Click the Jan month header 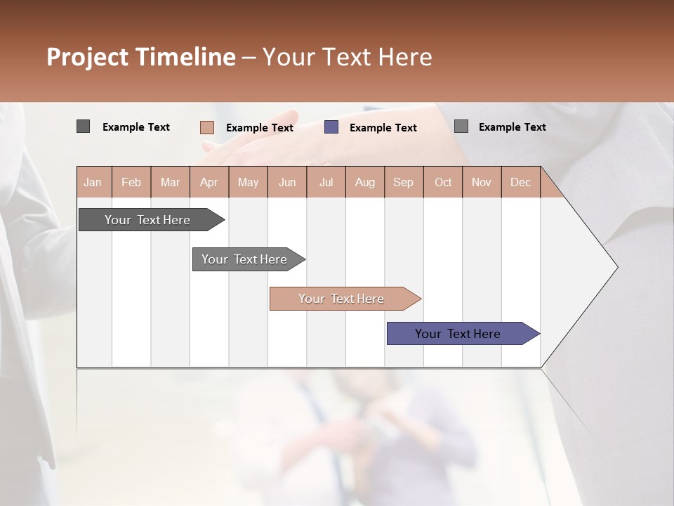point(93,182)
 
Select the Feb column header point(131,182)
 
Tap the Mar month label point(170,182)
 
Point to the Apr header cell point(209,182)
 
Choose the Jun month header point(287,182)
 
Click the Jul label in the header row point(326,182)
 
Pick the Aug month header point(364,182)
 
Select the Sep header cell point(403,182)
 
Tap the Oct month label point(443,182)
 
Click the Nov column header point(481,182)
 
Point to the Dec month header point(520,182)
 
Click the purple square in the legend point(331,127)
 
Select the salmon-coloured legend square point(206,127)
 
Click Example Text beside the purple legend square point(383,128)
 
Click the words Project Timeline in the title point(141,57)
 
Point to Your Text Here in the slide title point(347,57)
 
